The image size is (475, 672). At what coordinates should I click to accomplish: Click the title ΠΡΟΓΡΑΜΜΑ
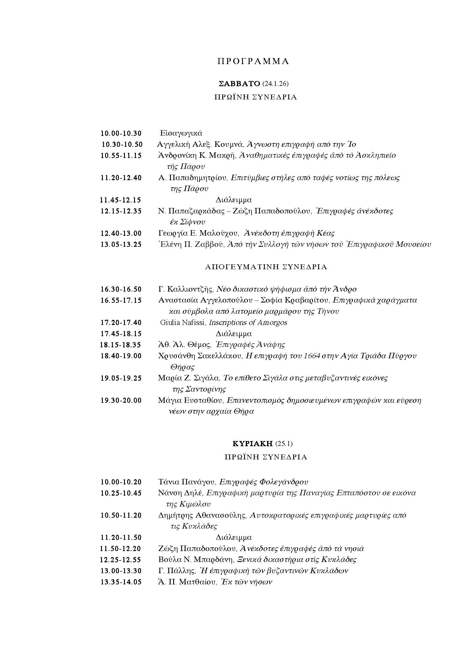click(x=253, y=61)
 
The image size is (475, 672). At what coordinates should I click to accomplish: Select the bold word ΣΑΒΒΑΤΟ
click(x=239, y=84)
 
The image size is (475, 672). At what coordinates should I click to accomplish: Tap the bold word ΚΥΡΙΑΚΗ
click(x=252, y=444)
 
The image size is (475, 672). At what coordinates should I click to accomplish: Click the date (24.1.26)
click(x=275, y=84)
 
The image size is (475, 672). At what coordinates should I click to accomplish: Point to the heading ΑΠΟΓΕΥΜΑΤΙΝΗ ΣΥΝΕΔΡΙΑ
click(x=266, y=267)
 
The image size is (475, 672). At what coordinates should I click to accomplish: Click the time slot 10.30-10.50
click(x=122, y=145)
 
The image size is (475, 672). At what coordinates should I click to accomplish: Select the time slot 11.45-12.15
click(x=121, y=200)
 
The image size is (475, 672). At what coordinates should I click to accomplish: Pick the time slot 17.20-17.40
click(x=121, y=323)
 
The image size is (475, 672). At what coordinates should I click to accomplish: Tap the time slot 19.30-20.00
click(x=121, y=400)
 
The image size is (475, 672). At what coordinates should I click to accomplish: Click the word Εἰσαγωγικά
click(x=181, y=134)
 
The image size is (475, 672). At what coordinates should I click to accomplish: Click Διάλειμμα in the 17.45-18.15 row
click(x=234, y=334)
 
